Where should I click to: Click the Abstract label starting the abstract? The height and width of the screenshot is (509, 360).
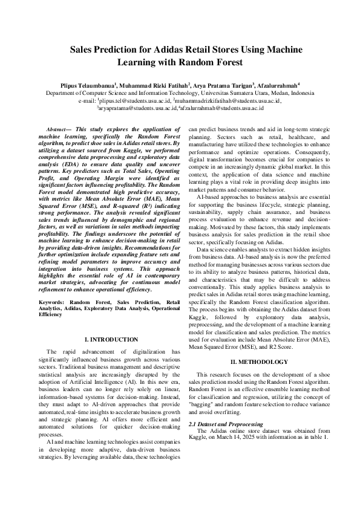pyautogui.click(x=59, y=130)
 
